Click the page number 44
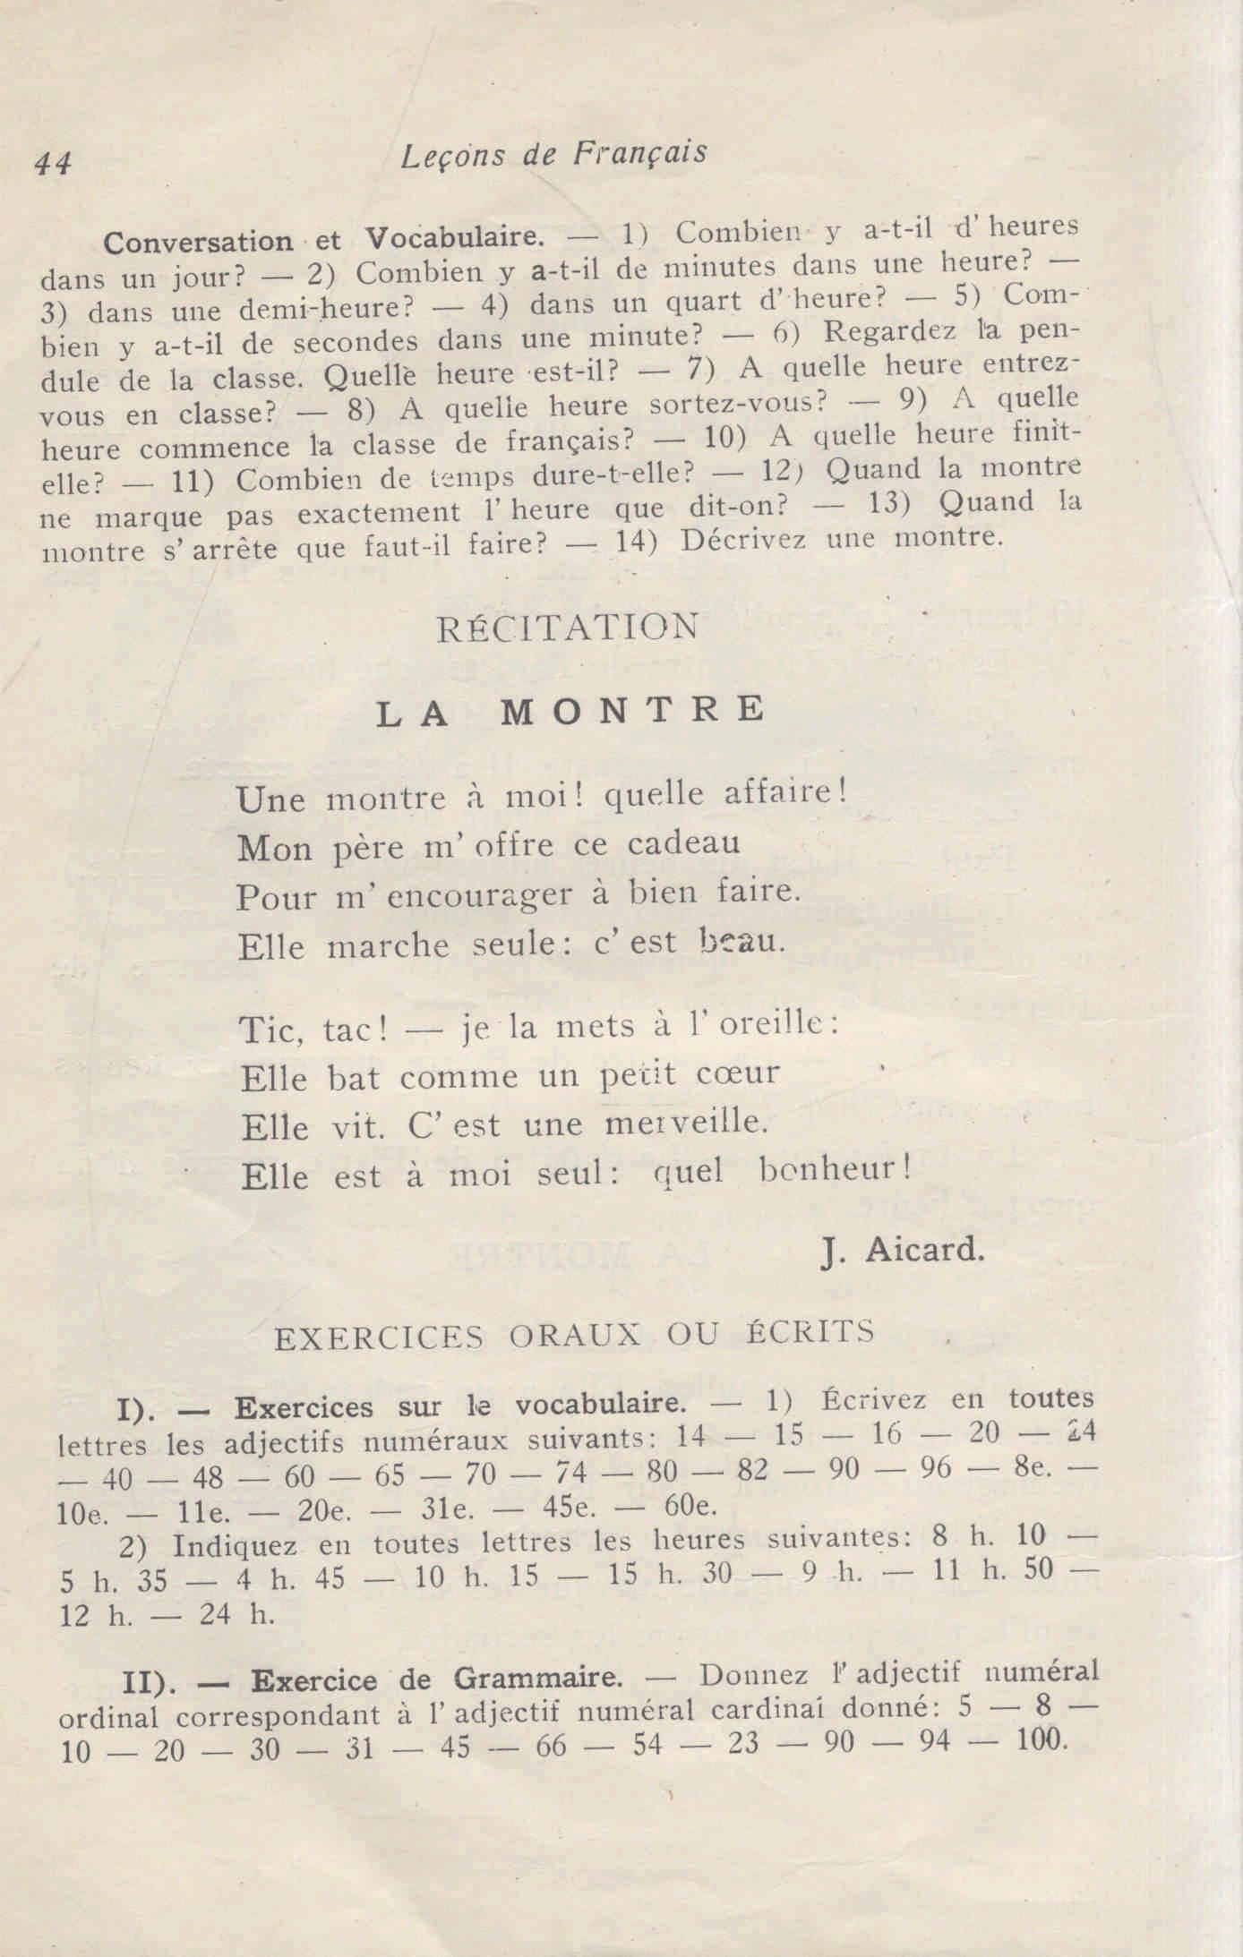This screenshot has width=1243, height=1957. [x=53, y=164]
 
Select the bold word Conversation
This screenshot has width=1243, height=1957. [x=199, y=242]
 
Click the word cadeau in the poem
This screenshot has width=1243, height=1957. [x=683, y=843]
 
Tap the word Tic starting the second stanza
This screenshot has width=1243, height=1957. [x=266, y=1030]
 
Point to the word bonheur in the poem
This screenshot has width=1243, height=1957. [x=834, y=1169]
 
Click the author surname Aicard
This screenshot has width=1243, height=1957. [x=925, y=1251]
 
